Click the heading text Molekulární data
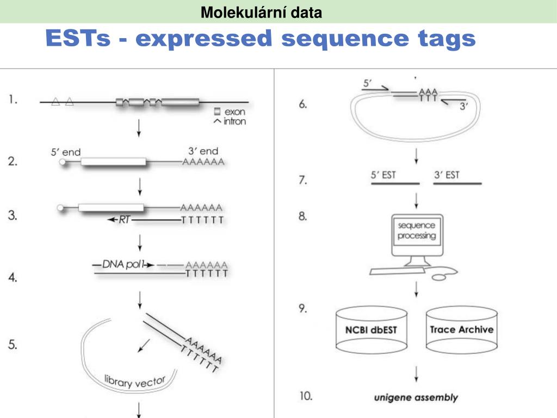[x=261, y=11]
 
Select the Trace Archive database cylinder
[x=461, y=329]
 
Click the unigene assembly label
[x=416, y=398]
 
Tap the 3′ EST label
[x=447, y=175]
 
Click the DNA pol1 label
[x=124, y=264]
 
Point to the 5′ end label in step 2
[x=66, y=153]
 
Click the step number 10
[x=305, y=396]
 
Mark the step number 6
[x=303, y=105]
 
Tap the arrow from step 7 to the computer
[x=416, y=200]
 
